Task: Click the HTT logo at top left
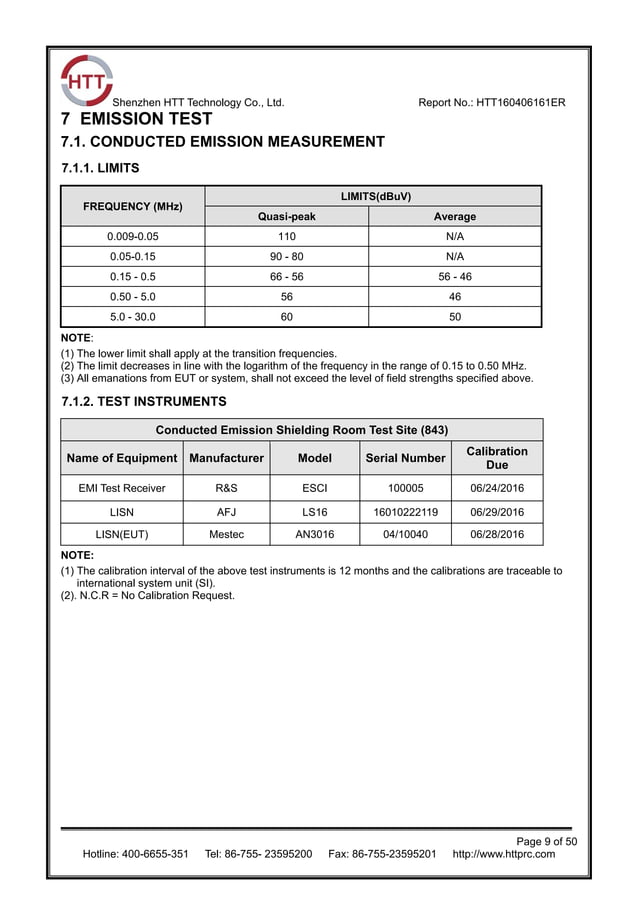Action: tap(85, 81)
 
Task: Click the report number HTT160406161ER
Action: tap(492, 103)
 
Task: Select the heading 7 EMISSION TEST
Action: tap(137, 120)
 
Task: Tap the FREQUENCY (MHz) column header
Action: tap(132, 207)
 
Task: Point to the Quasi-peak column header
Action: tap(286, 216)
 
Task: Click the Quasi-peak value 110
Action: tap(286, 237)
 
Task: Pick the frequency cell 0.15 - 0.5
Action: tap(132, 277)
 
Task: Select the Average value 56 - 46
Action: tap(455, 277)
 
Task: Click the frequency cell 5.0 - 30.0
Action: tap(132, 317)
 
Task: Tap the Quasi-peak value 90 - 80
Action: tap(286, 257)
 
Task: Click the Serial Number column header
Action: tap(405, 459)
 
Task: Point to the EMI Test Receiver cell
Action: tap(122, 489)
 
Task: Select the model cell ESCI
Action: tap(315, 489)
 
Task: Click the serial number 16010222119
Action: tap(405, 512)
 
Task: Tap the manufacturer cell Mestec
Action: tap(226, 534)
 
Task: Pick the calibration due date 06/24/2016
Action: tap(497, 489)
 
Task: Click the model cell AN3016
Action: tap(315, 534)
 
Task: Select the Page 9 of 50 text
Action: tap(546, 841)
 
